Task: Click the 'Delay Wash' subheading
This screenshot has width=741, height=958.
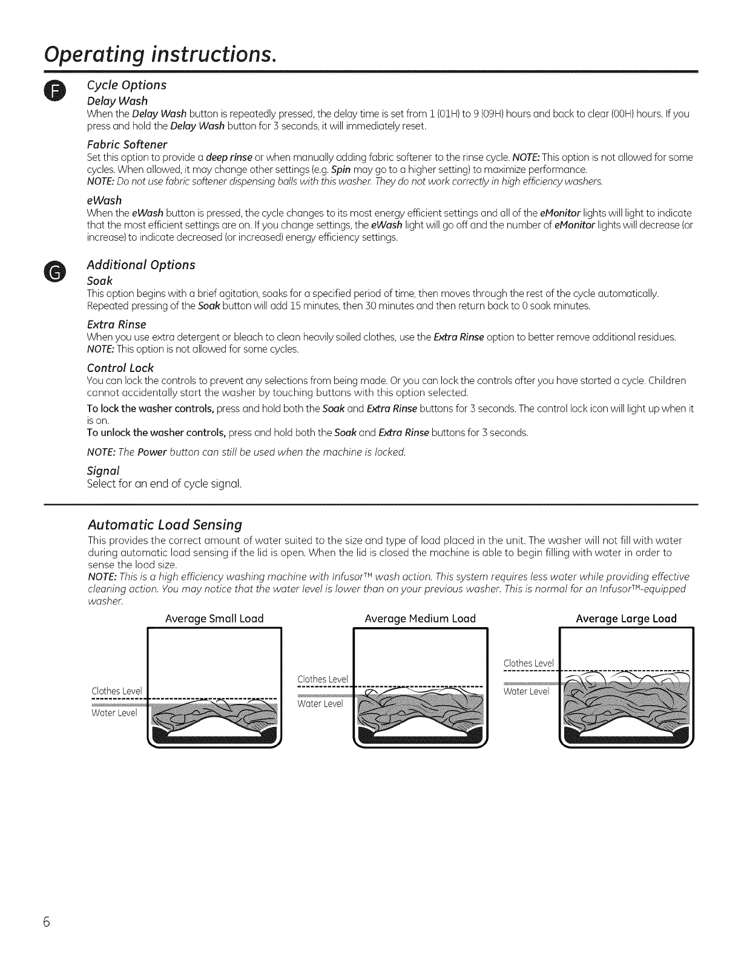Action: (x=117, y=100)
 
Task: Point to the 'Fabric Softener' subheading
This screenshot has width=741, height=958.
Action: (x=127, y=145)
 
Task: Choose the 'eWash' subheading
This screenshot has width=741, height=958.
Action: (x=104, y=200)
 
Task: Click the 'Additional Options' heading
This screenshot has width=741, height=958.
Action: (x=141, y=265)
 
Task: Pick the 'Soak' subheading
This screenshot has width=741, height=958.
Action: (x=100, y=281)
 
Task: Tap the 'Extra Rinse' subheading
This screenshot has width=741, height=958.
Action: (x=117, y=324)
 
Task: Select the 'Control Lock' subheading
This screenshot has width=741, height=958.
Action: (x=120, y=368)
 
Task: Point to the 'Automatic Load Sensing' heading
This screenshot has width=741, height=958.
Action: (x=165, y=524)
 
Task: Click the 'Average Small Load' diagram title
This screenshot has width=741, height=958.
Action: (x=214, y=619)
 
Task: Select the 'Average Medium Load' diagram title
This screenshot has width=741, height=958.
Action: (x=420, y=619)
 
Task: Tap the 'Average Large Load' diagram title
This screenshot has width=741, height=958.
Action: (x=626, y=619)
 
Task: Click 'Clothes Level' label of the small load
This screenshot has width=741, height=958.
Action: (x=116, y=691)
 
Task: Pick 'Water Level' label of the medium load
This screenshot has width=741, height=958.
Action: (x=320, y=704)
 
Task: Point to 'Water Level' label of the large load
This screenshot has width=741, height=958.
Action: (x=526, y=692)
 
